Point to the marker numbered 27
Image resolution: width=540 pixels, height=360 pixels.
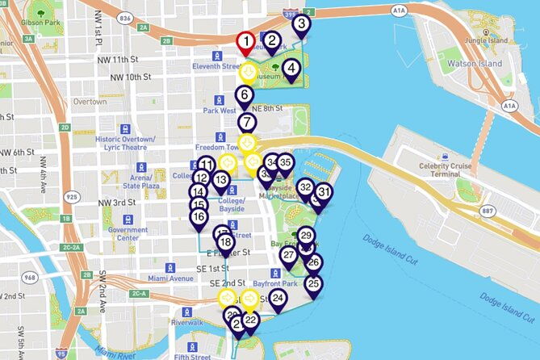click(x=288, y=256)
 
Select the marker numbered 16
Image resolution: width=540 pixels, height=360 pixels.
click(x=199, y=217)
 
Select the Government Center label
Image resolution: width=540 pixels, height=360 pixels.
click(x=128, y=234)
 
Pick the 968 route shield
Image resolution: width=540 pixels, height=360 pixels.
click(x=31, y=278)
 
